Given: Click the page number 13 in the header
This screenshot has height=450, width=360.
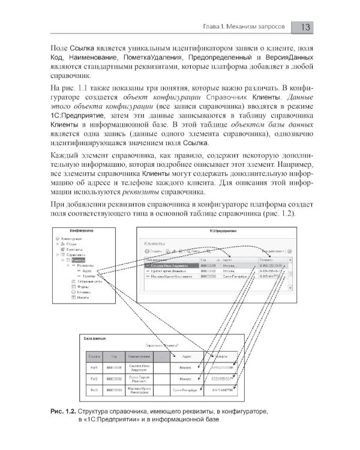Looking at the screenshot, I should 303,27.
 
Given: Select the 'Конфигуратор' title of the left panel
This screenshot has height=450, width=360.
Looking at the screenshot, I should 85,230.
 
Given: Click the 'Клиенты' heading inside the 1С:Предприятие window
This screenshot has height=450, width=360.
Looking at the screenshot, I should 154,244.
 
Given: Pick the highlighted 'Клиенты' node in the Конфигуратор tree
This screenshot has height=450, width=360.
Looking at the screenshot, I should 78,260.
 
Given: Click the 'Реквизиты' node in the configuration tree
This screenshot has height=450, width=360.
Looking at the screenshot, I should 83,266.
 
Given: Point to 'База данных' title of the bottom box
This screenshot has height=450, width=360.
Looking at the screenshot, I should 95,337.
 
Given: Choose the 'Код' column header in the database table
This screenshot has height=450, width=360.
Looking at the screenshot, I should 113,355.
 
